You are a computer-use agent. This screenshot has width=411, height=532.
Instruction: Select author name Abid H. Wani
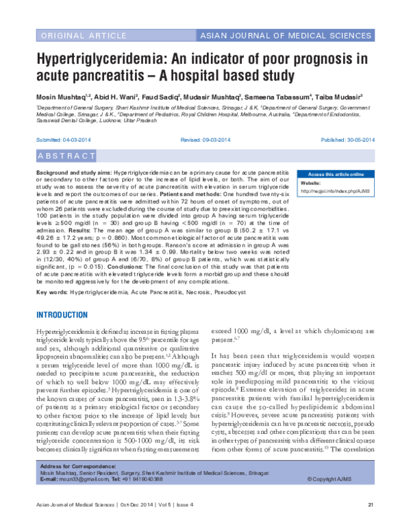pos(115,97)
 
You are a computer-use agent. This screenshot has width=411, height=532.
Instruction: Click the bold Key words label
pos(50,291)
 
